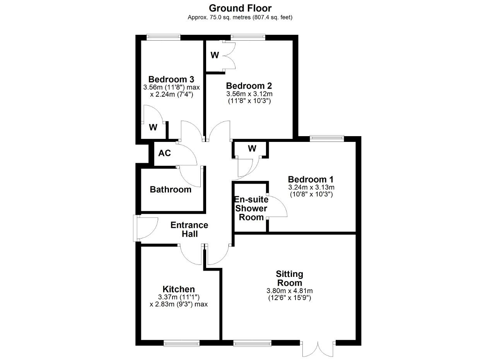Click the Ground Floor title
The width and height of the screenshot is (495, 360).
coord(240,9)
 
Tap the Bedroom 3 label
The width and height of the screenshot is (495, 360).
coord(171,79)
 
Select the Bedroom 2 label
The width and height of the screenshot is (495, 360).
coord(249,86)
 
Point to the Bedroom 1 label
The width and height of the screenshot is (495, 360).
coord(311,179)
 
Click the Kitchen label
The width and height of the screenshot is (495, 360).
coord(179,289)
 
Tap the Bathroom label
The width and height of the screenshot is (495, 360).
coord(171,189)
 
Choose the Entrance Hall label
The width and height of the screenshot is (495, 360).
coord(189,229)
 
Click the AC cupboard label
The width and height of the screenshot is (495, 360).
coord(165,153)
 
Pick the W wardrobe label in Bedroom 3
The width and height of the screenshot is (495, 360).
coord(153,127)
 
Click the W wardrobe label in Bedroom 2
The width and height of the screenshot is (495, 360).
coord(215,55)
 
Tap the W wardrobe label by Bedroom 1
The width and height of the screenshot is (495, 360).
coord(252,148)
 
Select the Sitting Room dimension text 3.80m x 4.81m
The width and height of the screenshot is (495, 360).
coord(290,291)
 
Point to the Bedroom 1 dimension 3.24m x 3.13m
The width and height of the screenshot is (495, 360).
coord(311,188)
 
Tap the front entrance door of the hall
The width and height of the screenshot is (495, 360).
coord(146,228)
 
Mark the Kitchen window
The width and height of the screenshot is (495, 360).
coord(181,343)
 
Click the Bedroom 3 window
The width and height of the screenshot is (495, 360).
coord(164,37)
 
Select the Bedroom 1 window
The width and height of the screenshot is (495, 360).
coord(327,138)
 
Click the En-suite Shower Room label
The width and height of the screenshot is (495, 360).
coord(251,208)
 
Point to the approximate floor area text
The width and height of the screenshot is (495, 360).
coord(240,17)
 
